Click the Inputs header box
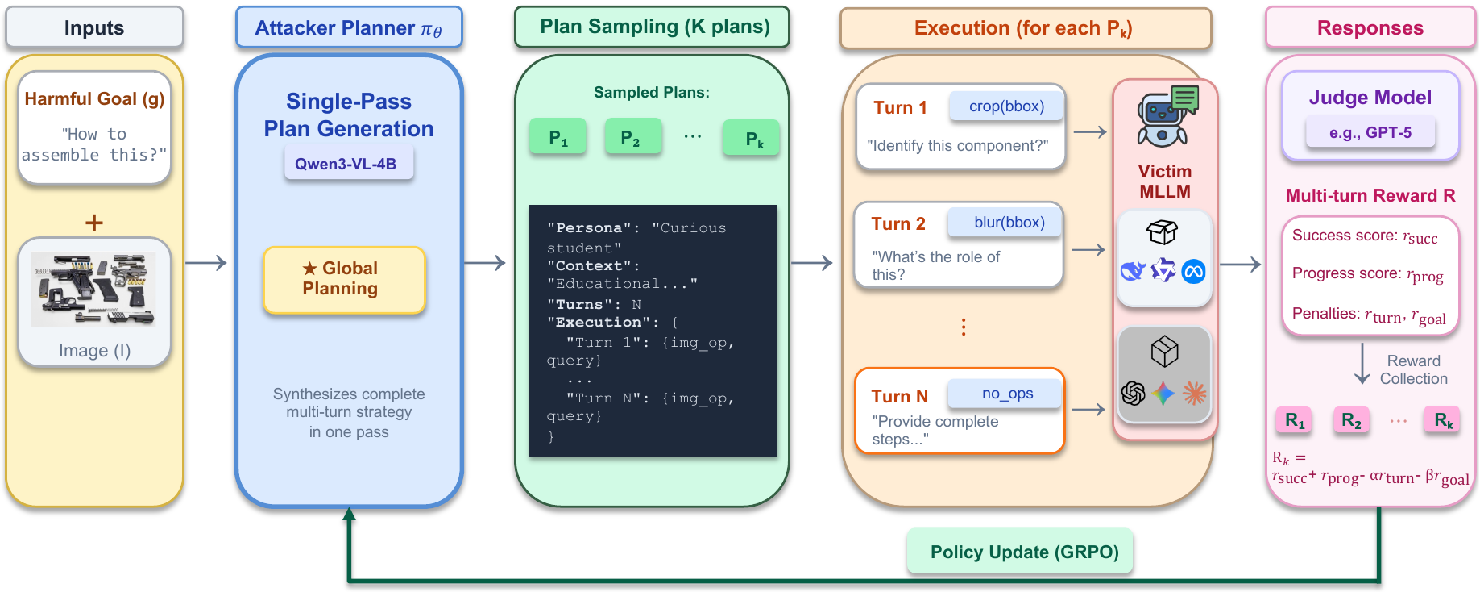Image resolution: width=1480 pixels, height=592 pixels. pyautogui.click(x=94, y=28)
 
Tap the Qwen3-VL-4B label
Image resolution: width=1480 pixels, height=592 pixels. pyautogui.click(x=346, y=164)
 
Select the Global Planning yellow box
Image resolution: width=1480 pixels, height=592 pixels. pyautogui.click(x=343, y=279)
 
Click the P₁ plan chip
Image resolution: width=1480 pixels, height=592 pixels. pyautogui.click(x=558, y=138)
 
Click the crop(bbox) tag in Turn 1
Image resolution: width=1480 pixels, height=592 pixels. pyautogui.click(x=1006, y=106)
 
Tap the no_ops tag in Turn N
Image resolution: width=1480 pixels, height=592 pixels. pyautogui.click(x=1006, y=394)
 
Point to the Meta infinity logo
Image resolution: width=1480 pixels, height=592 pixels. pyautogui.click(x=1193, y=273)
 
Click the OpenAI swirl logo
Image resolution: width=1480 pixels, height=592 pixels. pyautogui.click(x=1134, y=394)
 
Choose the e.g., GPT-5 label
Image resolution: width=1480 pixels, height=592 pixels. pyautogui.click(x=1370, y=133)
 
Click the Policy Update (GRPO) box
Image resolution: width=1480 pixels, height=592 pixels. pyautogui.click(x=1023, y=552)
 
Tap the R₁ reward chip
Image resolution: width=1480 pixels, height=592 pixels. pyautogui.click(x=1294, y=420)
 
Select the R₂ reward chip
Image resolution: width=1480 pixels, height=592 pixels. pyautogui.click(x=1351, y=420)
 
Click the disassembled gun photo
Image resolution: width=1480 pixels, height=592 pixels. pyautogui.click(x=94, y=289)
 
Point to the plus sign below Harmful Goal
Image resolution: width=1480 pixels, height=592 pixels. pyautogui.click(x=94, y=223)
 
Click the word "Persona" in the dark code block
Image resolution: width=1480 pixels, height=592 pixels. pyautogui.click(x=588, y=228)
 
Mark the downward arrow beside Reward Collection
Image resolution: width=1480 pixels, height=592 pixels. pyautogui.click(x=1362, y=365)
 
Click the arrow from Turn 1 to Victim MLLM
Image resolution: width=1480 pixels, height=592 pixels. pyautogui.click(x=1089, y=132)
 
